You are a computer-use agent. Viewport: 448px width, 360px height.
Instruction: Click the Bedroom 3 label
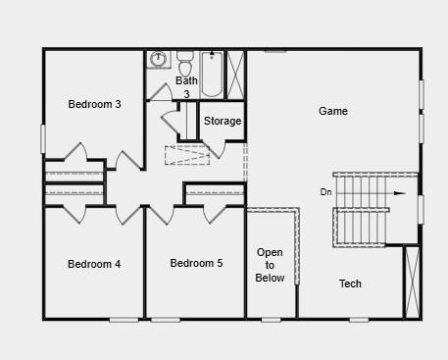coord(94,104)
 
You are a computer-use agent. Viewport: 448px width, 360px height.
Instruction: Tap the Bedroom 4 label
coord(94,264)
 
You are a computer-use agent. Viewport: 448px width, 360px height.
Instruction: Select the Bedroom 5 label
coord(196,263)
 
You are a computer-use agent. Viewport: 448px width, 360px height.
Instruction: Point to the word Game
coord(333,111)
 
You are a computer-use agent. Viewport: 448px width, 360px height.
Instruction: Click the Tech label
coord(350,283)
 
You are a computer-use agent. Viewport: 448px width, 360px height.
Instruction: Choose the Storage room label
coord(223,121)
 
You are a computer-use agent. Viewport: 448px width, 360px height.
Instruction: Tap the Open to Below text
coord(270,265)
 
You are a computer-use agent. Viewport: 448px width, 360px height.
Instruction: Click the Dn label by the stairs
coord(325,192)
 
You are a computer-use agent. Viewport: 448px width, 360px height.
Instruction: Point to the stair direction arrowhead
coord(400,193)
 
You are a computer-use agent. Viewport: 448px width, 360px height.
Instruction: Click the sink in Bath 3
coord(159,59)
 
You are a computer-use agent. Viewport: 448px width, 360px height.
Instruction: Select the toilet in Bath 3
coord(185,63)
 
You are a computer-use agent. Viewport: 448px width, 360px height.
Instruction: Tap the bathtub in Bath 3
coord(212,75)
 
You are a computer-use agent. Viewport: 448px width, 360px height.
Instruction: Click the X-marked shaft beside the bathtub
coord(235,75)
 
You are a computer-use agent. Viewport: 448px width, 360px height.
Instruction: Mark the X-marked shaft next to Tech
coord(412,282)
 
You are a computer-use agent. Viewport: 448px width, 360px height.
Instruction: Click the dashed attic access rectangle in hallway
coord(187,155)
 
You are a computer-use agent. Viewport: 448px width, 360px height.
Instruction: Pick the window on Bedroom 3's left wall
coord(42,138)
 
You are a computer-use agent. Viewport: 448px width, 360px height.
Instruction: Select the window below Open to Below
coord(272,320)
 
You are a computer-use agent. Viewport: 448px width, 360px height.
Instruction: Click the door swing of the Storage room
coord(215,149)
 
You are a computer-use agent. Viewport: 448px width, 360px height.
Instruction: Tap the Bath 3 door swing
coord(160,92)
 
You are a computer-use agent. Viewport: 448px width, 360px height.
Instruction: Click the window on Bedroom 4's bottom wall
coord(124,320)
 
